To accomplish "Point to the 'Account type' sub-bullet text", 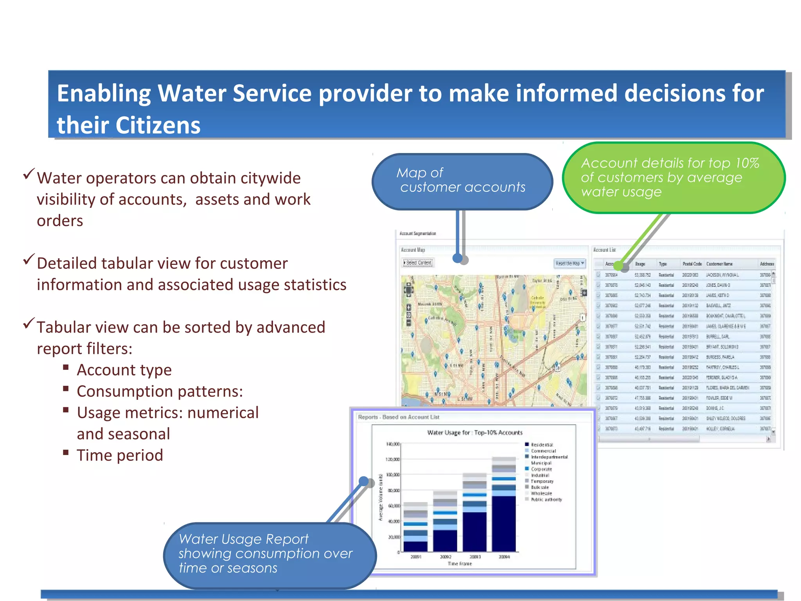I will [x=124, y=370].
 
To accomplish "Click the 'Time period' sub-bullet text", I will [x=120, y=455].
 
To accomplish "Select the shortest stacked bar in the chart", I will [x=415, y=527].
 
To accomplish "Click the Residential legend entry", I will [x=541, y=444].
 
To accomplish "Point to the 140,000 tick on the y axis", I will [x=392, y=444].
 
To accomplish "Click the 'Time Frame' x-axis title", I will [x=460, y=564].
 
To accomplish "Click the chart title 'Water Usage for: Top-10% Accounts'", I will [x=474, y=432].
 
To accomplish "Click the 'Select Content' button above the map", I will [x=418, y=263].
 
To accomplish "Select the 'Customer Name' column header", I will [x=719, y=264].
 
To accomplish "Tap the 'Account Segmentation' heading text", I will [x=417, y=233].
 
